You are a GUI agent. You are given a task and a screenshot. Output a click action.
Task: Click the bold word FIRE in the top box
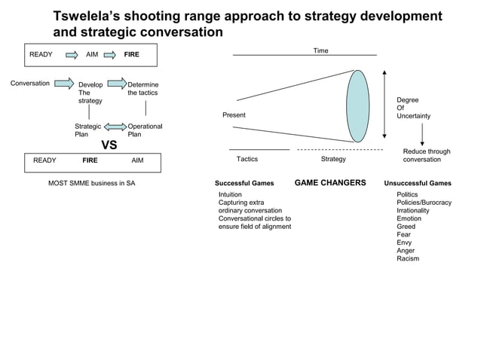[131, 54]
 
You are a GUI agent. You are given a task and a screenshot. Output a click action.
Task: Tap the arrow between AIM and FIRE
[110, 54]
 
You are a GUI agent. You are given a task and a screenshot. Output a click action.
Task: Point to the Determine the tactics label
[142, 88]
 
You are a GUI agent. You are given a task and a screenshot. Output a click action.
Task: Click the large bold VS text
[109, 145]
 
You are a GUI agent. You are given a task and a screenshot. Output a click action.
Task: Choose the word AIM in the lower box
[137, 160]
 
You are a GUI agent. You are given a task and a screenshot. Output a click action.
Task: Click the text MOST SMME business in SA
[92, 183]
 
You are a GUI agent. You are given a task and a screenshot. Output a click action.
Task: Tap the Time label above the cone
[321, 50]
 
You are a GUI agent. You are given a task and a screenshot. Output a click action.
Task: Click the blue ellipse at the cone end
[357, 105]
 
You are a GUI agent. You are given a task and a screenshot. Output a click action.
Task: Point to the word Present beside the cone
[234, 115]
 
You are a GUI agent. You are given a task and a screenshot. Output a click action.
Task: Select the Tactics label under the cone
[247, 159]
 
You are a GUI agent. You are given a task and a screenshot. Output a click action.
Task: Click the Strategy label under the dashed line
[333, 159]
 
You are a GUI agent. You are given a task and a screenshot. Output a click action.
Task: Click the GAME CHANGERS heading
[330, 182]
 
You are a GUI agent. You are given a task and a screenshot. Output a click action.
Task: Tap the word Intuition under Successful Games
[230, 194]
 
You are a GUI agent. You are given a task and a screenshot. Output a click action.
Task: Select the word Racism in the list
[408, 258]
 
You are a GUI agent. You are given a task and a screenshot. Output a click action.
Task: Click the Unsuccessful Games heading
[418, 183]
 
